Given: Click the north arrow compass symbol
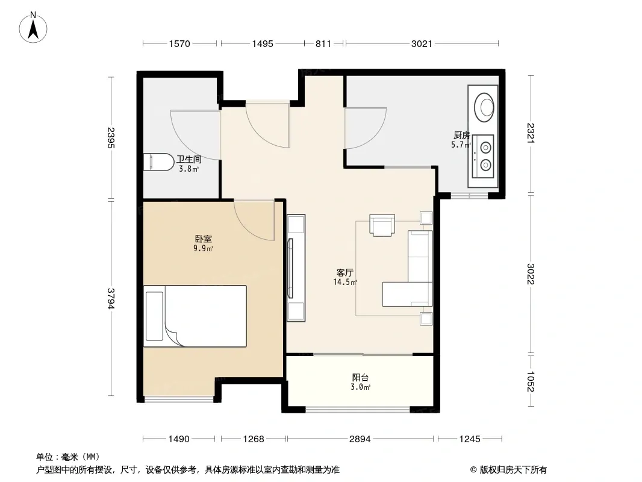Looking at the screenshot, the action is pyautogui.click(x=33, y=28).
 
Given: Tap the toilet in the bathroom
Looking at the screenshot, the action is pyautogui.click(x=158, y=162).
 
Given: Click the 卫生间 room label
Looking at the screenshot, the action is pyautogui.click(x=189, y=159).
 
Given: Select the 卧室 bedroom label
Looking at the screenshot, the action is pyautogui.click(x=203, y=239).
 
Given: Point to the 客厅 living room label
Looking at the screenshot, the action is pyautogui.click(x=344, y=272).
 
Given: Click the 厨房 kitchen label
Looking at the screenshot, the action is pyautogui.click(x=461, y=135).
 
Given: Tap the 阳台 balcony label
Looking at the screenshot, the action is pyautogui.click(x=360, y=377).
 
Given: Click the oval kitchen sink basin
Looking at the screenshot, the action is pyautogui.click(x=484, y=107).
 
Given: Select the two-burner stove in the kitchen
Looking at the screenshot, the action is pyautogui.click(x=483, y=156).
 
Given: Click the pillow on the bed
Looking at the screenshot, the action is pyautogui.click(x=154, y=316).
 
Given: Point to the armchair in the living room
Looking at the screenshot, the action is pyautogui.click(x=382, y=225).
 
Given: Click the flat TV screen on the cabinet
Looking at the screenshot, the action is pyautogui.click(x=290, y=268).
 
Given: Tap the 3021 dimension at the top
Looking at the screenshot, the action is pyautogui.click(x=422, y=43).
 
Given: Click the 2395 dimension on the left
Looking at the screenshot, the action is pyautogui.click(x=111, y=137).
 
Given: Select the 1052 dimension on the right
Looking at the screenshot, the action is pyautogui.click(x=531, y=381).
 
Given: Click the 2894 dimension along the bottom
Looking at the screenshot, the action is pyautogui.click(x=360, y=439).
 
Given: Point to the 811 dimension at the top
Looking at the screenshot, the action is pyautogui.click(x=323, y=43).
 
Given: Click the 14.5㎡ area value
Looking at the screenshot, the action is pyautogui.click(x=344, y=282).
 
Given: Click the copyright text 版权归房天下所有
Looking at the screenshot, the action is pyautogui.click(x=513, y=470).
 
